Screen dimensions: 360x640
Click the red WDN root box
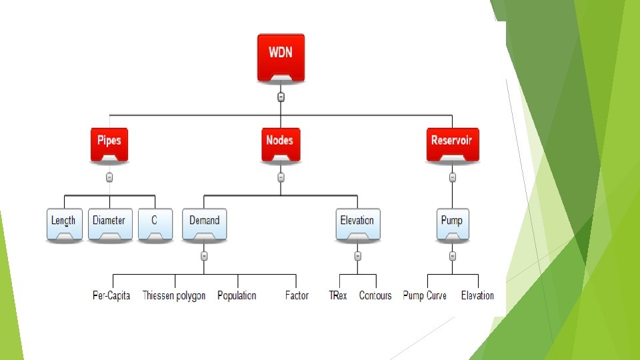click(x=281, y=58)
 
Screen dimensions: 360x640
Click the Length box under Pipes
click(x=64, y=224)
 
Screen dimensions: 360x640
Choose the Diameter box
click(x=109, y=224)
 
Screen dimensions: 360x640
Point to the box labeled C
click(x=155, y=224)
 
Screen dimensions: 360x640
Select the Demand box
click(x=205, y=224)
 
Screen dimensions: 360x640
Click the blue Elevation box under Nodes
click(x=357, y=224)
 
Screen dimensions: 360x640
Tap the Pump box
click(x=453, y=224)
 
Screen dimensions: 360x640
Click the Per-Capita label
click(x=111, y=295)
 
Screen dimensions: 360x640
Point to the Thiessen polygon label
click(x=174, y=295)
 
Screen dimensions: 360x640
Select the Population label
click(x=237, y=295)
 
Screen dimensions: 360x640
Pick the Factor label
click(x=297, y=295)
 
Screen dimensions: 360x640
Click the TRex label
click(x=338, y=295)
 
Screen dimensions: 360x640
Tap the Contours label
click(x=375, y=295)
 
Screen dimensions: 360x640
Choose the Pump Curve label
click(x=425, y=295)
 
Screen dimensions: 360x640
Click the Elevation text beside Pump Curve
click(x=477, y=295)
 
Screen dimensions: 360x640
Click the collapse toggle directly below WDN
click(x=281, y=97)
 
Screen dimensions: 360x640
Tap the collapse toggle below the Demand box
click(x=205, y=256)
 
